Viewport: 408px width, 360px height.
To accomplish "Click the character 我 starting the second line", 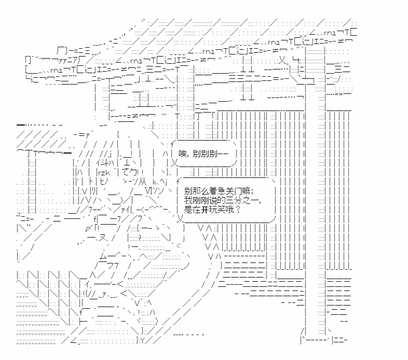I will coord(187,201).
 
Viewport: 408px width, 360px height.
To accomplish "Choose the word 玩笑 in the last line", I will coord(217,210).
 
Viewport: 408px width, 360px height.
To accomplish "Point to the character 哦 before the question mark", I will coord(229,210).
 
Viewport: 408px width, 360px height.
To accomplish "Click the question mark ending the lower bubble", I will coord(238,210).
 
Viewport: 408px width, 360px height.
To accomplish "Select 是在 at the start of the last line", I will coord(191,210).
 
